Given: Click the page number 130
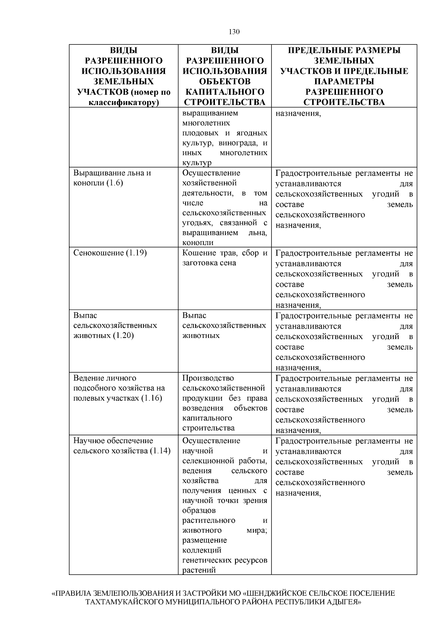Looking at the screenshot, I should tap(234, 32).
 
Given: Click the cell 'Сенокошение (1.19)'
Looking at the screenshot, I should tap(110, 253).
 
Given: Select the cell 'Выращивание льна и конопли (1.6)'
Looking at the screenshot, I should tap(112, 178).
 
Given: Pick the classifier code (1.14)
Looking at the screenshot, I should tap(160, 451).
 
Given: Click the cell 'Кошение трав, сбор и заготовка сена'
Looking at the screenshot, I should tap(225, 258).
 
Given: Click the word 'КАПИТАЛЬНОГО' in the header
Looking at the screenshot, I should tap(225, 92).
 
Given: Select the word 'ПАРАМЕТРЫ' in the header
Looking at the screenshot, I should tap(344, 81).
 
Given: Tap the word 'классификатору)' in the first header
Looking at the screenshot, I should tap(123, 102).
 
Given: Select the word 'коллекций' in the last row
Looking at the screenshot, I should tap(202, 550).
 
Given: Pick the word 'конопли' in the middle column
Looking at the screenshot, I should tap(198, 243).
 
